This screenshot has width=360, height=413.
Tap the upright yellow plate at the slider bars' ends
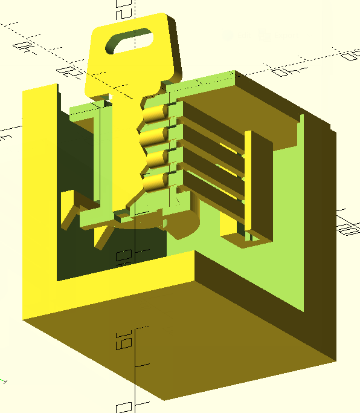259,181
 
